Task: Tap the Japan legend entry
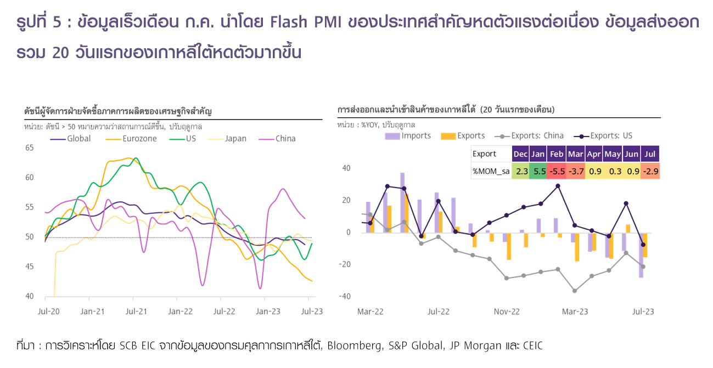pos(235,139)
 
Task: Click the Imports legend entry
pos(416,135)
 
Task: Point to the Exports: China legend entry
pos(537,135)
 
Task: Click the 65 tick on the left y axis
pos(29,148)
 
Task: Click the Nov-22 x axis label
pos(506,312)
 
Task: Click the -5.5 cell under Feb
pos(557,171)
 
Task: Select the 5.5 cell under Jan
pos(539,171)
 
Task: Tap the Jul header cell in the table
pos(651,154)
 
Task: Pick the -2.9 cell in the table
pos(651,171)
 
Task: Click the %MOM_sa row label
pos(491,171)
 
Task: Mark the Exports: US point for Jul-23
pos(643,245)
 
